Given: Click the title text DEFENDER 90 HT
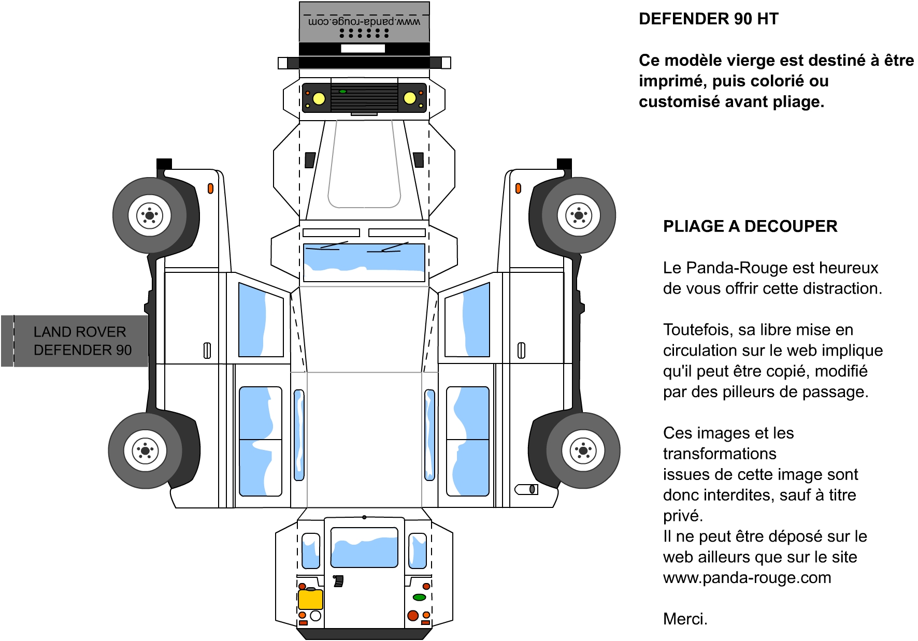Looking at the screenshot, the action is [x=708, y=19].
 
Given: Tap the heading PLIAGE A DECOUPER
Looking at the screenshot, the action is [x=750, y=226].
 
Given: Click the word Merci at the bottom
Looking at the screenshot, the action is [x=685, y=619].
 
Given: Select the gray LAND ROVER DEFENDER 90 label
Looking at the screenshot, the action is [x=75, y=341].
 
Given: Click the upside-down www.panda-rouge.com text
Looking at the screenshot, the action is [x=364, y=22].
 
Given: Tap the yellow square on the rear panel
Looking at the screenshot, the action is [x=310, y=599].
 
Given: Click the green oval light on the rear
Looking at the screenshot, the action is [x=419, y=597].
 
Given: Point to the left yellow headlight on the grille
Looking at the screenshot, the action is [x=319, y=98].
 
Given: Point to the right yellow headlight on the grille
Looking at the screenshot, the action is [x=410, y=98].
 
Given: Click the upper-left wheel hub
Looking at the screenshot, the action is [x=150, y=215].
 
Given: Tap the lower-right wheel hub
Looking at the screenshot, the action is [x=583, y=450].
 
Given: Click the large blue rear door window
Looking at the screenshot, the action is [x=364, y=547].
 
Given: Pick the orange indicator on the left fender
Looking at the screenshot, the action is [x=210, y=188].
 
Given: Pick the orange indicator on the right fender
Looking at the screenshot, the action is [x=518, y=188].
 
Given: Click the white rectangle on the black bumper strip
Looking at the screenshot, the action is [x=363, y=48].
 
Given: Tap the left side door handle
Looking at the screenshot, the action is [x=207, y=351].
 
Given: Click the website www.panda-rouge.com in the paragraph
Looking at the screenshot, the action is [x=747, y=578].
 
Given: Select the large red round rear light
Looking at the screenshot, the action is [x=413, y=616].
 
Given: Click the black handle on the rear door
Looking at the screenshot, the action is [x=338, y=581].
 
